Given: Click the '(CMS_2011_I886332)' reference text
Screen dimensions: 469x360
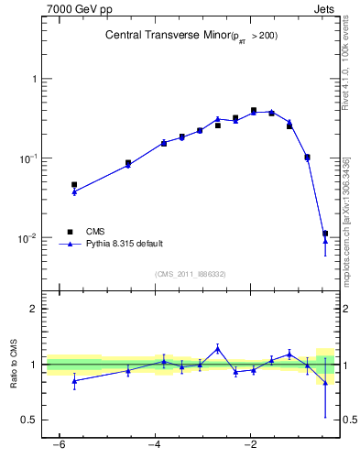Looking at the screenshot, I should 190,274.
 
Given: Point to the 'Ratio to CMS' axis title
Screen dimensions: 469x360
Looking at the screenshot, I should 15,364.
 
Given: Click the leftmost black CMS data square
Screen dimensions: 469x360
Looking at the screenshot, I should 74,185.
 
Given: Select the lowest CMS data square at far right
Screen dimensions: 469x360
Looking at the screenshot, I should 325,234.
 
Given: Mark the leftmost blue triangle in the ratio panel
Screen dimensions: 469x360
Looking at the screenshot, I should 74,380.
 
